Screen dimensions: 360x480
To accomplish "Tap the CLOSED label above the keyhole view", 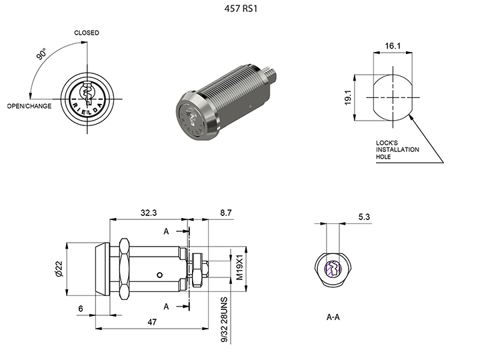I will pyautogui.click(x=87, y=33).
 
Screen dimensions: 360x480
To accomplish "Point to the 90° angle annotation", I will pyautogui.click(x=42, y=54).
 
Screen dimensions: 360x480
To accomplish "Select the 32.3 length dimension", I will pyautogui.click(x=149, y=213).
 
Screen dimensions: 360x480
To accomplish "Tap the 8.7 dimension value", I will pyautogui.click(x=225, y=213).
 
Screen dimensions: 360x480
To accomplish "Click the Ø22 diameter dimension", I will pyautogui.click(x=59, y=268).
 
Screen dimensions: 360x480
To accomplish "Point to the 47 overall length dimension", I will pyautogui.click(x=153, y=322).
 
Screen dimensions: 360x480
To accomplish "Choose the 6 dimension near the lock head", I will pyautogui.click(x=81, y=309).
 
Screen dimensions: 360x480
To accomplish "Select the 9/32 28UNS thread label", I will pyautogui.click(x=225, y=319).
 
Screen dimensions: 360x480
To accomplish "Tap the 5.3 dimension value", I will pyautogui.click(x=364, y=217).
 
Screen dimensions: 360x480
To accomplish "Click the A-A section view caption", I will pyautogui.click(x=333, y=317).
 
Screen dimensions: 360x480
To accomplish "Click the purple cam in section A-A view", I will pyautogui.click(x=332, y=269).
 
